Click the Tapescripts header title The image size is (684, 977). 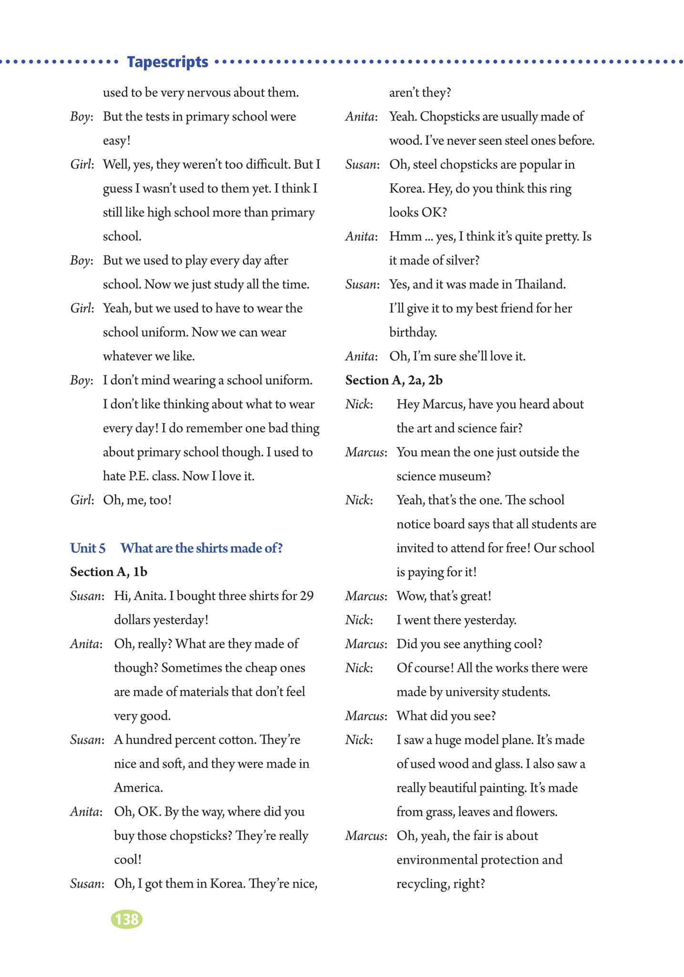pos(167,62)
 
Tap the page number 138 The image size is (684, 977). pos(127,918)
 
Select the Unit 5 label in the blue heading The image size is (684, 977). pos(88,548)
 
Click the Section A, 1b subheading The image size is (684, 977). pos(109,572)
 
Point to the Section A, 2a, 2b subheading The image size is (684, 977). pos(394,380)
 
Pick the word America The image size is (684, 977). pos(138,787)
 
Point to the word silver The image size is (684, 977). pos(461,260)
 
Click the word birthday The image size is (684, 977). pos(413,333)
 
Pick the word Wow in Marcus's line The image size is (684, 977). pos(410,596)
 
